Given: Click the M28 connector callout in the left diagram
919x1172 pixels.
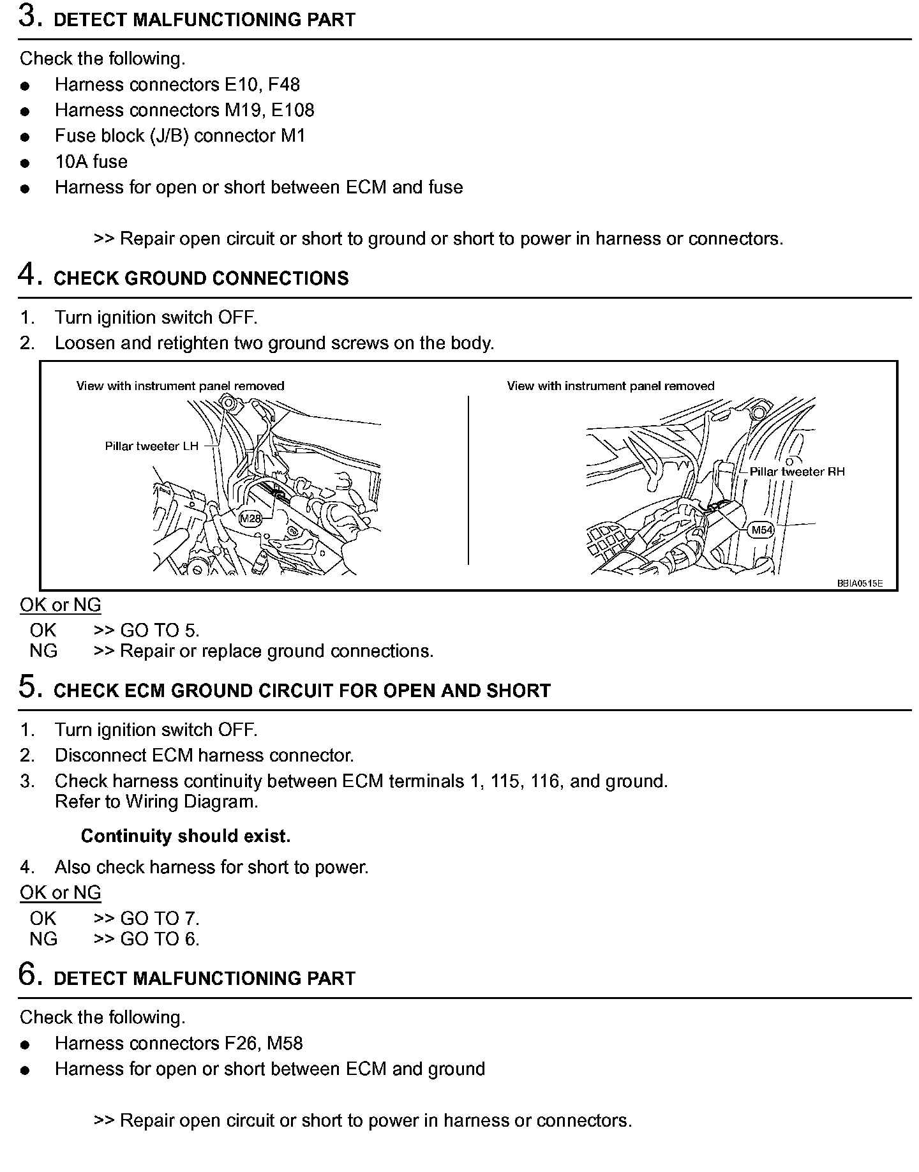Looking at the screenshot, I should tap(250, 518).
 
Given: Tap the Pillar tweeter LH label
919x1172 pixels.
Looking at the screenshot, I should tap(152, 446).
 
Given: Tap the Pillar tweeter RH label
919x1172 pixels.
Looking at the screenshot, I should tap(797, 472).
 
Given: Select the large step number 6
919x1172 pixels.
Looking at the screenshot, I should tap(27, 975).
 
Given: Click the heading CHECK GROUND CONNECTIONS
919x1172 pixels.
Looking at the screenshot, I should tap(201, 278).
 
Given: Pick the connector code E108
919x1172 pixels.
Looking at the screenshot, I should tap(293, 110).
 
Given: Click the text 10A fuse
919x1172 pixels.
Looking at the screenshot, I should tap(91, 162).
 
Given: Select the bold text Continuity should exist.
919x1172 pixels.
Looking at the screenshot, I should tap(186, 836).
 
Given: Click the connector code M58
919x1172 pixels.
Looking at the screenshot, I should tap(285, 1043).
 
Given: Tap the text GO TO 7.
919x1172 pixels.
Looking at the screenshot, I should tap(160, 919).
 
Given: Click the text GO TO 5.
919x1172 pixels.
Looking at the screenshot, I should tap(160, 631).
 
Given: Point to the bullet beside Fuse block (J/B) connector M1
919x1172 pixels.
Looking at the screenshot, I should tap(25, 137).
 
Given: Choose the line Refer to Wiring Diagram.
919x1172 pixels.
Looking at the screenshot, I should tap(156, 802).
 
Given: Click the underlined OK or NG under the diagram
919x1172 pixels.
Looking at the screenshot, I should tap(61, 605).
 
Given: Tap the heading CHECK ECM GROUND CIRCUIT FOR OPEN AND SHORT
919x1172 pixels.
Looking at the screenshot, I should tap(302, 691).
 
